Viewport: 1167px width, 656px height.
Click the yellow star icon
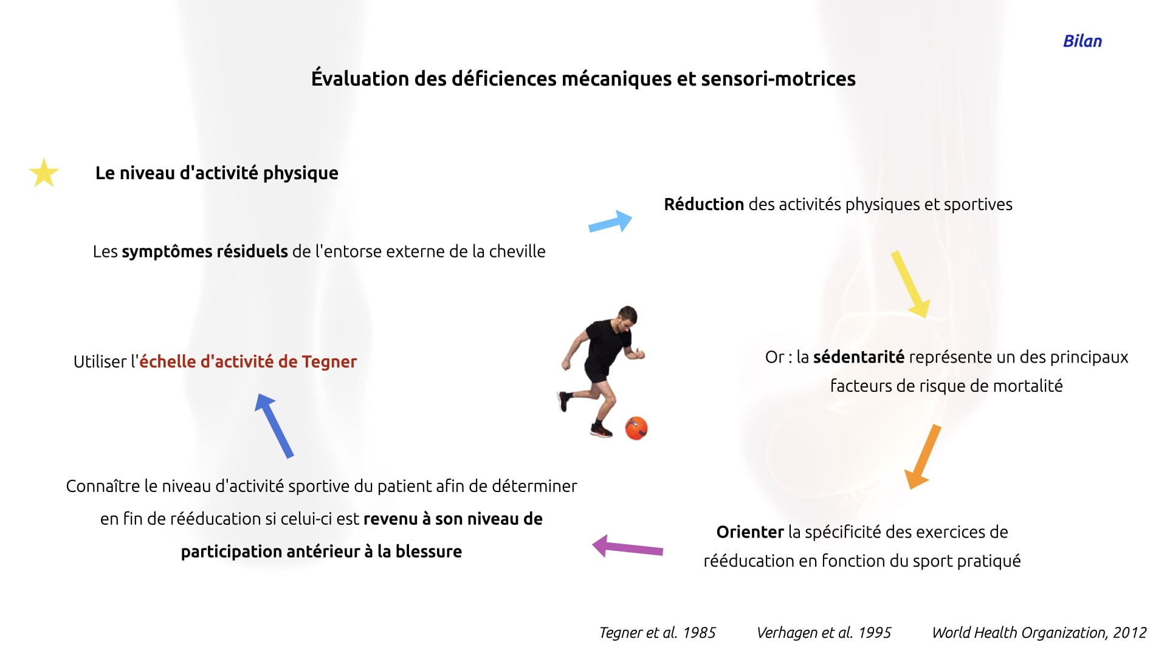click(44, 173)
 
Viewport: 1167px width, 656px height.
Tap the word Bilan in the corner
click(1082, 41)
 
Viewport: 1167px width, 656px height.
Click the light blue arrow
click(610, 222)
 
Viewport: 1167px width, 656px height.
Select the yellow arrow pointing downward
click(911, 284)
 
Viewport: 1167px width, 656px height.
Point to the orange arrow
click(923, 457)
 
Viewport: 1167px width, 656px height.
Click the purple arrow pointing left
click(627, 547)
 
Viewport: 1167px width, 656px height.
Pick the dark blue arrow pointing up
click(274, 425)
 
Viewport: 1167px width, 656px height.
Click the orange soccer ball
click(636, 428)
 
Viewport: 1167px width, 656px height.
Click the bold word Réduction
click(704, 204)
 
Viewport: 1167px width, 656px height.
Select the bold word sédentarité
click(859, 357)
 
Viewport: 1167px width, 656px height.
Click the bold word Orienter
click(750, 532)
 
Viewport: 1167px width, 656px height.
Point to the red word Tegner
click(329, 362)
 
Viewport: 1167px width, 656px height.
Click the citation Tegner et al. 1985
click(658, 633)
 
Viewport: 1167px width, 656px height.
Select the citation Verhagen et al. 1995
click(824, 633)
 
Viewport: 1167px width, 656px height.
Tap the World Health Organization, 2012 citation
click(1039, 633)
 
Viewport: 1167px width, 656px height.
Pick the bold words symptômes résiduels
click(205, 251)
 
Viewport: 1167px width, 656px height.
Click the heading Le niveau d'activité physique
click(217, 173)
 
